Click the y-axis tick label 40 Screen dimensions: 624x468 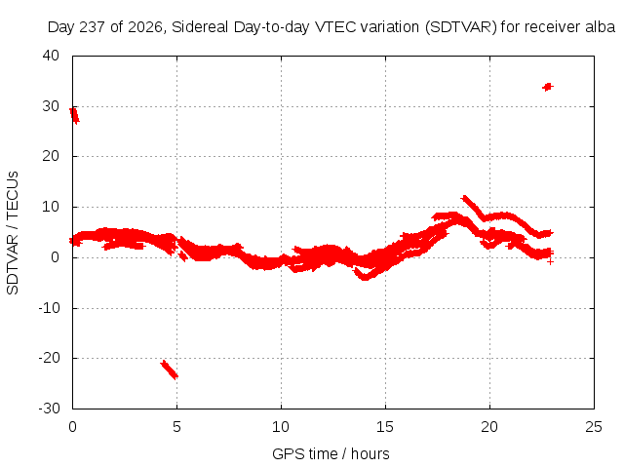[51, 56]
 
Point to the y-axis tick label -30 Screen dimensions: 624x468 [49, 409]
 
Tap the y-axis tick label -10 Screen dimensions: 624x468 [49, 308]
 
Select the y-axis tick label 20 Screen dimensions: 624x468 [51, 156]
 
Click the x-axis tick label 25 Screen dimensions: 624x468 [594, 427]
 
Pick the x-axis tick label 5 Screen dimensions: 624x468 [176, 427]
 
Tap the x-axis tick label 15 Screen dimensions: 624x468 [385, 427]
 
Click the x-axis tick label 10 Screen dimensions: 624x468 [281, 427]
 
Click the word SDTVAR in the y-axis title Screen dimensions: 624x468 [13, 264]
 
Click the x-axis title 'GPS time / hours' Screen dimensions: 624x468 [331, 453]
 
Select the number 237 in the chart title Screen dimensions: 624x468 [92, 27]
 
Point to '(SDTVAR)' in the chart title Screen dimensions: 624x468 [461, 27]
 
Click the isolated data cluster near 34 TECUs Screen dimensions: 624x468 [548, 87]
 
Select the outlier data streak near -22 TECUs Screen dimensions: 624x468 [169, 370]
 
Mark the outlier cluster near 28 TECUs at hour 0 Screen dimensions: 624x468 [74, 115]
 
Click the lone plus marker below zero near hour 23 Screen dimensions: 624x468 [550, 261]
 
